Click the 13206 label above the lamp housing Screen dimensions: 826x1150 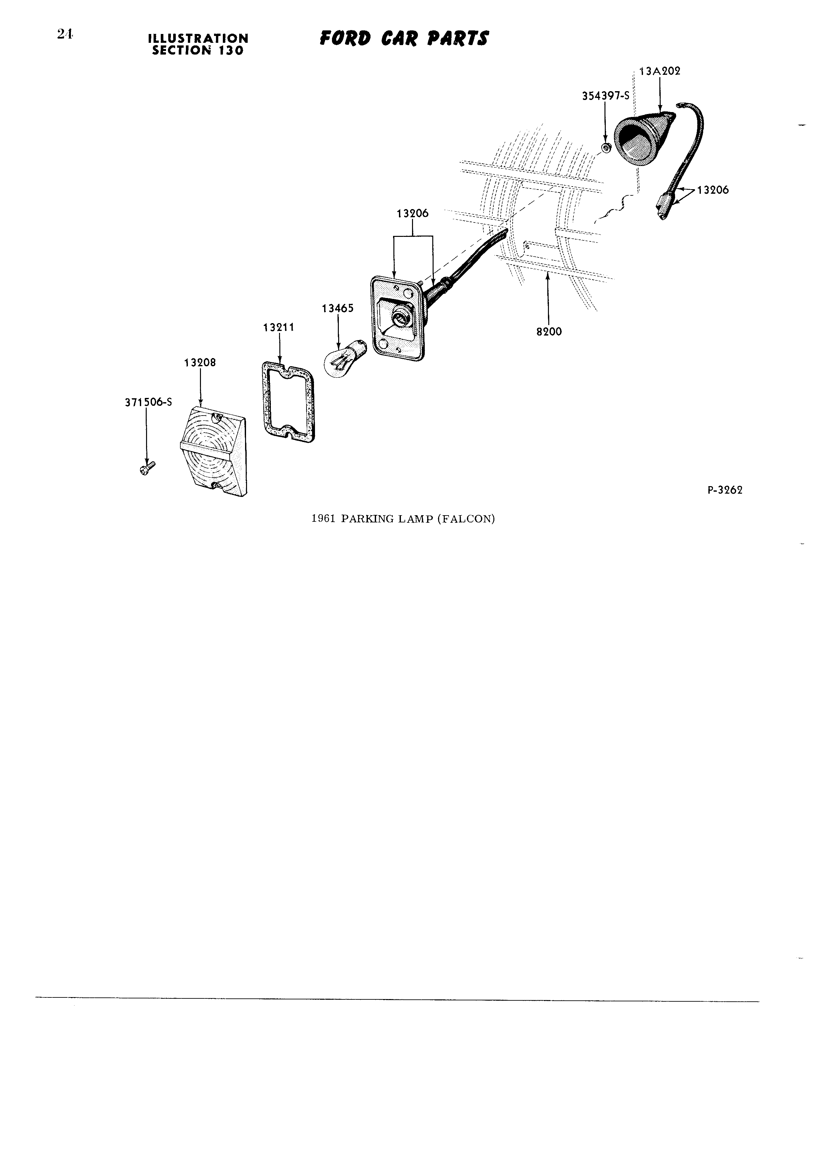click(412, 213)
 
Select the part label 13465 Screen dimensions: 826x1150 click(338, 308)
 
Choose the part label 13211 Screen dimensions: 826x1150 click(278, 328)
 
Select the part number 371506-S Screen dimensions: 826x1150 click(148, 402)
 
